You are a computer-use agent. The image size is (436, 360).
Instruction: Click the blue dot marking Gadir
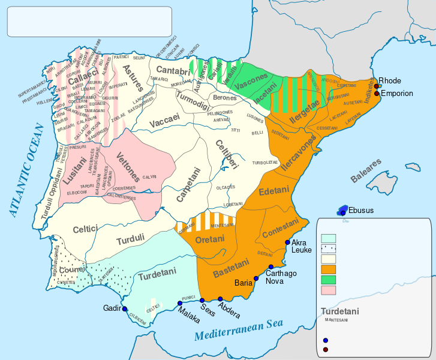(124, 308)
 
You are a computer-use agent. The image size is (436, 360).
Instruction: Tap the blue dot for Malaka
(180, 304)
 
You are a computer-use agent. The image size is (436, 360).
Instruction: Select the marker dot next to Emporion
(377, 93)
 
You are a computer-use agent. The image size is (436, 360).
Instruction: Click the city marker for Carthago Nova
(271, 267)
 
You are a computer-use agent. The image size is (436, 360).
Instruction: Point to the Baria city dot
(257, 278)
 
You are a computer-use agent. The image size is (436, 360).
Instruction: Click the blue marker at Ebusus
(343, 212)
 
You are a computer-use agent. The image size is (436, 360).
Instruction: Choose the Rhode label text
(390, 81)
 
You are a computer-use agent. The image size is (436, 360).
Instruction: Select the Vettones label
(128, 167)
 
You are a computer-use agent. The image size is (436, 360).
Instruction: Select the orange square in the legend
(328, 269)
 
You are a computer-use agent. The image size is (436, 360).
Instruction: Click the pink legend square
(328, 290)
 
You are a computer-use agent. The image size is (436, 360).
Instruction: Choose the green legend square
(328, 280)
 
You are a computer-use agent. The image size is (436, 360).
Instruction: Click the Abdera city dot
(220, 299)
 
